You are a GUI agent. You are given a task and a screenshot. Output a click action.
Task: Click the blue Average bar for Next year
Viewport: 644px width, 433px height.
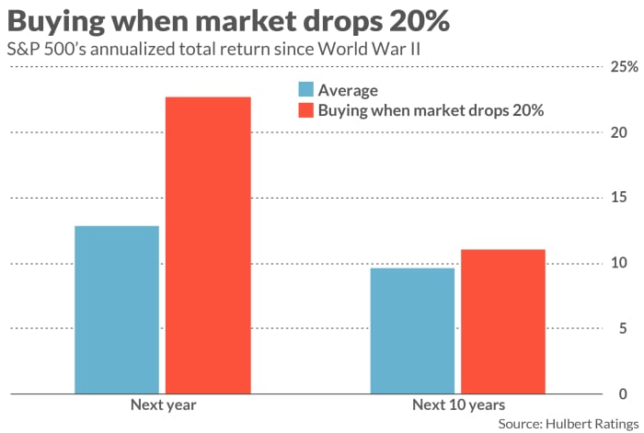[x=116, y=310]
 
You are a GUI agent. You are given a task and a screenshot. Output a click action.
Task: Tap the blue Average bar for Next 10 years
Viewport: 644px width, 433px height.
[x=411, y=331]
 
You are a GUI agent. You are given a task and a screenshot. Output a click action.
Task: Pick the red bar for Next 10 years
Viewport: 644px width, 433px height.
[x=502, y=322]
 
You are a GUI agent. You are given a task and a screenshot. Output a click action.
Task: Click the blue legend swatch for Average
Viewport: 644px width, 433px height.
[x=305, y=90]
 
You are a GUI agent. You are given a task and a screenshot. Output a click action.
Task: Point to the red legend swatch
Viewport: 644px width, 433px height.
[x=305, y=110]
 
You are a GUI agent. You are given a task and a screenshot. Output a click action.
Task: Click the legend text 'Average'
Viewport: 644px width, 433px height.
[x=348, y=90]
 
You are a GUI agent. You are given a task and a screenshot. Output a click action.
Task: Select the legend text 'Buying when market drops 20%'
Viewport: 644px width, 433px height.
[x=431, y=110]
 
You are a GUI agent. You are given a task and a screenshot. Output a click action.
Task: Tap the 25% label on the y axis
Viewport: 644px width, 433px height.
[x=625, y=67]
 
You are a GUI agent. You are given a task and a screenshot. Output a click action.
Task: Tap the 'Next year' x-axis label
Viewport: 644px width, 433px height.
[x=163, y=405]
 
